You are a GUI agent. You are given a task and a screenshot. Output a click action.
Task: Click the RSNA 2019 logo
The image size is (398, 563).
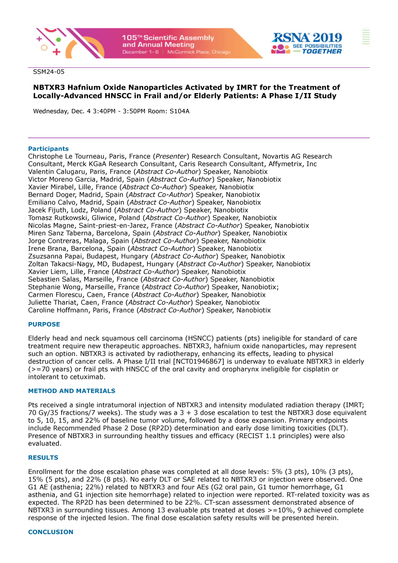click(x=306, y=43)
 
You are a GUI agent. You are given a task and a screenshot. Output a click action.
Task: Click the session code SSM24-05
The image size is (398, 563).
click(x=49, y=72)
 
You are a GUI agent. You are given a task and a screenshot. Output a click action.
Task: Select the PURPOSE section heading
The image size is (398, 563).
click(x=44, y=325)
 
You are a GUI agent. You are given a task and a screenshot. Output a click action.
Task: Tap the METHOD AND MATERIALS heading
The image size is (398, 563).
click(x=72, y=391)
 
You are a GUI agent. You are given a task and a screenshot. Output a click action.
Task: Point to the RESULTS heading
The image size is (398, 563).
click(x=43, y=458)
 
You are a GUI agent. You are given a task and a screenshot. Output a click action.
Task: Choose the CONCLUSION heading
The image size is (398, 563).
click(x=50, y=532)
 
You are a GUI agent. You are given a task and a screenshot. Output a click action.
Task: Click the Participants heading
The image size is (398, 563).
click(x=48, y=149)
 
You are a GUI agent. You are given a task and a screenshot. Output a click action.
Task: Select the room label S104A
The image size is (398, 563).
click(x=180, y=111)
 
